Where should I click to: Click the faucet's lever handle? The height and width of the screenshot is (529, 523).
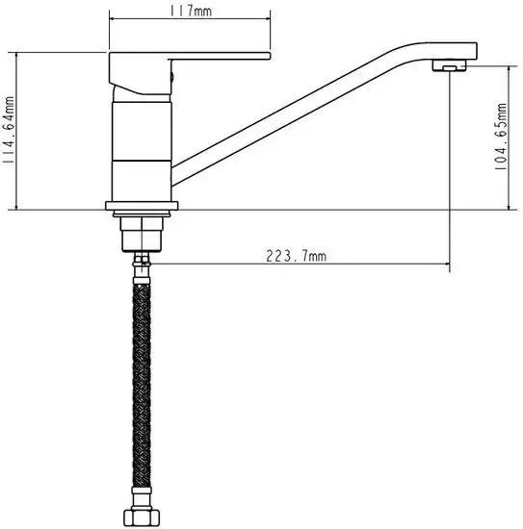(x=193, y=66)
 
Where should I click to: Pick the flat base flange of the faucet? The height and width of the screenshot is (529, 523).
(x=143, y=206)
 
